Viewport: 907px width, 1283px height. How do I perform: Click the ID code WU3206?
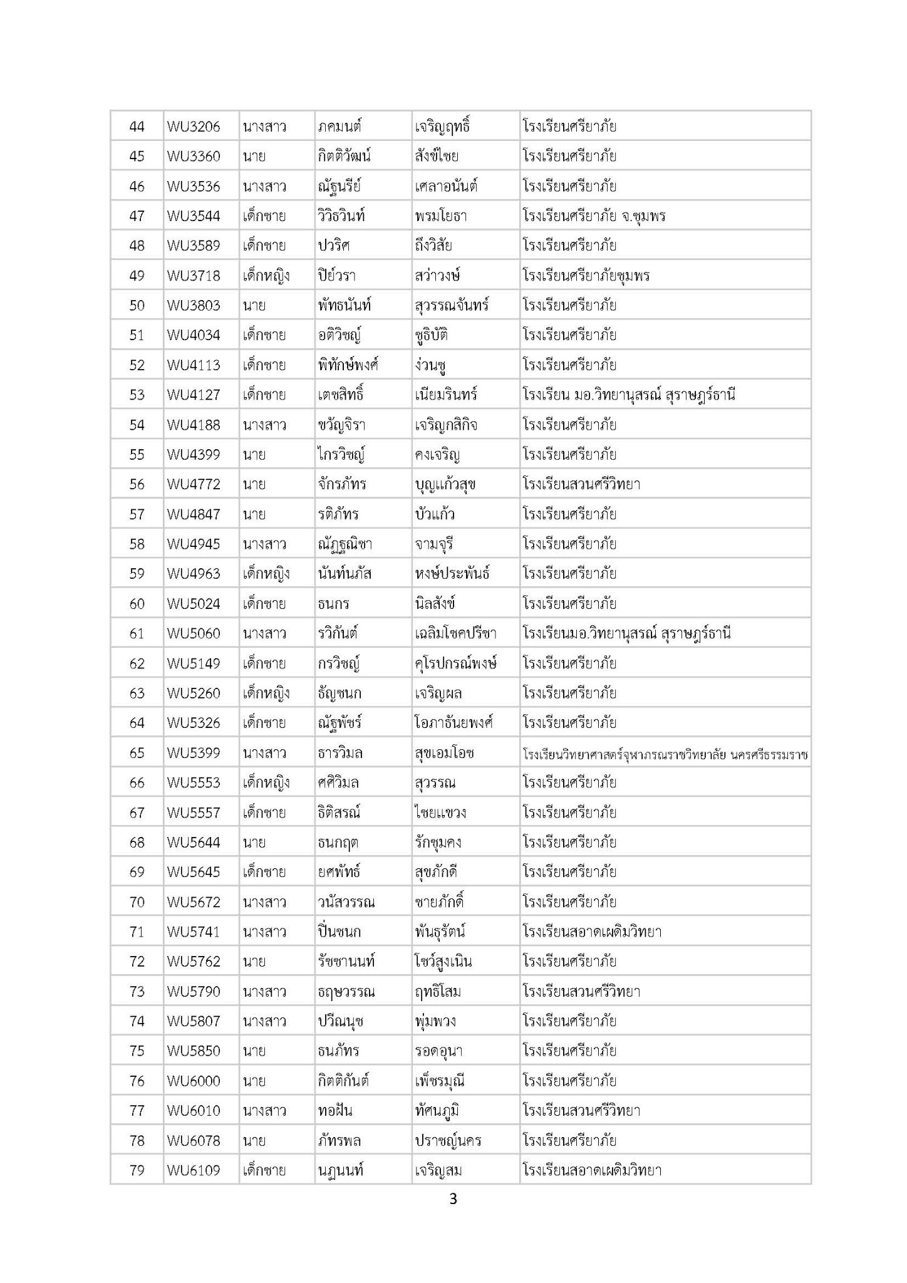pyautogui.click(x=194, y=127)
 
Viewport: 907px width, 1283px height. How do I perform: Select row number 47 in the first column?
pyautogui.click(x=137, y=216)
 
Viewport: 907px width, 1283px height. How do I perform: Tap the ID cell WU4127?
pyautogui.click(x=194, y=395)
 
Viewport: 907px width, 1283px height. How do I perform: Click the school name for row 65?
pyautogui.click(x=665, y=754)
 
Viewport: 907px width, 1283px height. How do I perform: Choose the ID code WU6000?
pyautogui.click(x=194, y=1081)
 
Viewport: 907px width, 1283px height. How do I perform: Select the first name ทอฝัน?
pyautogui.click(x=335, y=1111)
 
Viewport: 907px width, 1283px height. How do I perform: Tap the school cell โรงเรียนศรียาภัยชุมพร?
pyautogui.click(x=586, y=276)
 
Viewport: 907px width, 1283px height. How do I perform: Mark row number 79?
pyautogui.click(x=137, y=1170)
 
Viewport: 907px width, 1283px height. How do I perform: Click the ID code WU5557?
pyautogui.click(x=194, y=813)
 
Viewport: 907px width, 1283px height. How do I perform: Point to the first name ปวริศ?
pyautogui.click(x=333, y=246)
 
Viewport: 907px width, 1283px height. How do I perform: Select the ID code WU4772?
pyautogui.click(x=194, y=484)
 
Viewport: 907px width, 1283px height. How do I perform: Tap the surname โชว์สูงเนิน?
pyautogui.click(x=443, y=962)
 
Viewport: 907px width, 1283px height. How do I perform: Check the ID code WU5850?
pyautogui.click(x=194, y=1051)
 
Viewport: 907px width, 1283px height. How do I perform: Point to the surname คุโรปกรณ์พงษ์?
pyautogui.click(x=455, y=663)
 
